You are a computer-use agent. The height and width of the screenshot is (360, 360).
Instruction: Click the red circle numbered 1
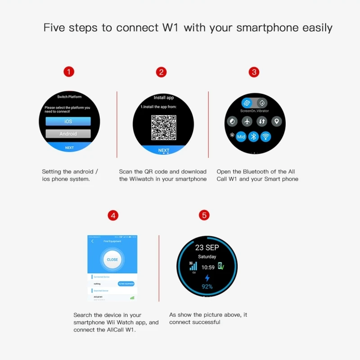(x=69, y=72)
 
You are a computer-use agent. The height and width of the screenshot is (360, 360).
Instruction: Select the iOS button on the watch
(x=68, y=121)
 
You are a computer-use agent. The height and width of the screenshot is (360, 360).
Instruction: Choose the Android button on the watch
(x=68, y=134)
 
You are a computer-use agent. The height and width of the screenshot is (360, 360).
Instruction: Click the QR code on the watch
(x=163, y=127)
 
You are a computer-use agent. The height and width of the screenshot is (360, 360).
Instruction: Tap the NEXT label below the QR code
(x=164, y=150)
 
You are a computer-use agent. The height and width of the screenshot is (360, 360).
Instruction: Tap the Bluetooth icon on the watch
(x=253, y=136)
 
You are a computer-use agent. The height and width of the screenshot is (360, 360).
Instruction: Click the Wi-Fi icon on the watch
(x=266, y=136)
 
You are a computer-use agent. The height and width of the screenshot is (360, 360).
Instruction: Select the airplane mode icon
(x=247, y=121)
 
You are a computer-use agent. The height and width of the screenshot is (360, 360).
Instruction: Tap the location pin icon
(x=276, y=121)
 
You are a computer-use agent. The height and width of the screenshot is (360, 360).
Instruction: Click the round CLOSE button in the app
(x=112, y=260)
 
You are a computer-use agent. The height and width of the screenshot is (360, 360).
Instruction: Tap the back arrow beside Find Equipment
(x=93, y=242)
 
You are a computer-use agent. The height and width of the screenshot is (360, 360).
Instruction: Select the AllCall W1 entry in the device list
(x=99, y=297)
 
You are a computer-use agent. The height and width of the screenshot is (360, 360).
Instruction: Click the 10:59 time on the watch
(x=208, y=267)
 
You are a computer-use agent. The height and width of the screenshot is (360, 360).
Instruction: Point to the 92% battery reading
(x=207, y=287)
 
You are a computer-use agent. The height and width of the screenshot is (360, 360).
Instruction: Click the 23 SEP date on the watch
(x=207, y=247)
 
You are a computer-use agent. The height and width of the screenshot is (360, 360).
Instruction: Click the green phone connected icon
(x=221, y=266)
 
